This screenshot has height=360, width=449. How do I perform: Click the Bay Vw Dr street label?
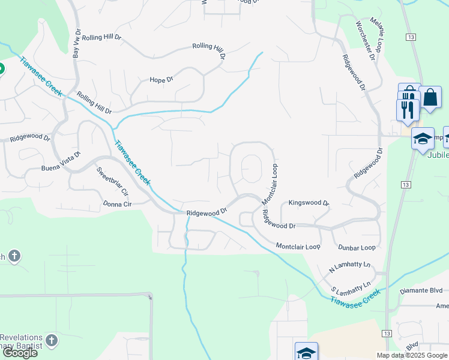pos(76,43)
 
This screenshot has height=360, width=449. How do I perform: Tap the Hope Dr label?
pos(161,80)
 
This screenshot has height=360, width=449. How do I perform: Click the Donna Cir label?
pos(117,205)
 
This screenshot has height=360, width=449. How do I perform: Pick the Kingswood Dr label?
pos(309,203)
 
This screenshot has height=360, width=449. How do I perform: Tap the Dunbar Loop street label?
pos(357,247)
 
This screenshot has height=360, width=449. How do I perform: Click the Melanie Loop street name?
pos(380,37)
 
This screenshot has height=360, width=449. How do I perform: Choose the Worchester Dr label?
pos(365,41)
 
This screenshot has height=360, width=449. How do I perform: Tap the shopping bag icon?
pos(430,97)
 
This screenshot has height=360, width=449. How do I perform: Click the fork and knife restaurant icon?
pos(407,109)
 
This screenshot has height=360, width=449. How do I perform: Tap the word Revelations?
pos(22,337)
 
